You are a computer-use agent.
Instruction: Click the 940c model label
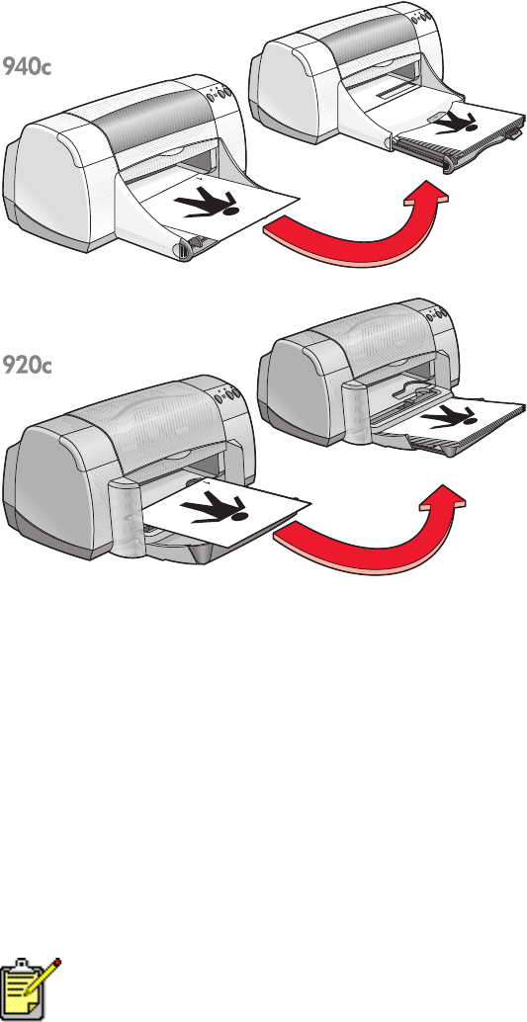tap(26, 66)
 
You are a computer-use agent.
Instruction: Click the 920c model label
tap(26, 365)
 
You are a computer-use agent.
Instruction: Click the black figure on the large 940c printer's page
tap(206, 204)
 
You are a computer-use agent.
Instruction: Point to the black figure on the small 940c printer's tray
tap(456, 123)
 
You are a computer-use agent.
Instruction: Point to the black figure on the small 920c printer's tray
tap(450, 416)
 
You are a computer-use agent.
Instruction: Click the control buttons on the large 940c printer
tap(220, 95)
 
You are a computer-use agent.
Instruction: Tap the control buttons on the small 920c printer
tap(438, 315)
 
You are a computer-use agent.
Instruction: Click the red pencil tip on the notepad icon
tap(57, 963)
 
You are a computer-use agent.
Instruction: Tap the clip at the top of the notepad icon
tap(20, 965)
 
